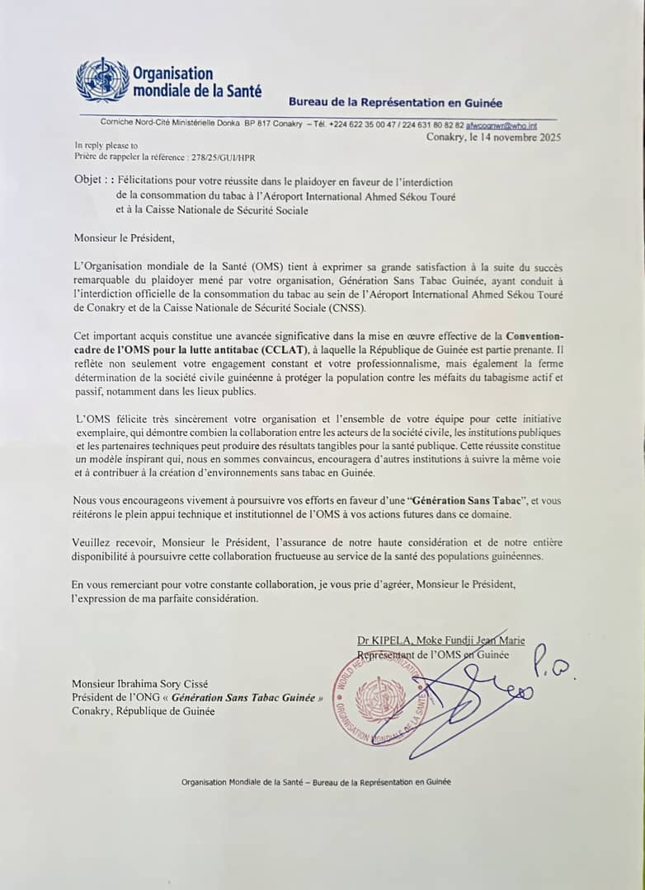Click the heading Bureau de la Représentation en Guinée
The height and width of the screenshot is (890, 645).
pos(395,103)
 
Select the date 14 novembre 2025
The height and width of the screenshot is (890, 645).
pos(517,138)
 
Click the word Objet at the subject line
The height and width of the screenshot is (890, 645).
pos(88,181)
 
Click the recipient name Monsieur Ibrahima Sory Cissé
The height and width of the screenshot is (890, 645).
pos(139,683)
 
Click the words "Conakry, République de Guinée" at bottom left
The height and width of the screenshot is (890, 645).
pos(143,711)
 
